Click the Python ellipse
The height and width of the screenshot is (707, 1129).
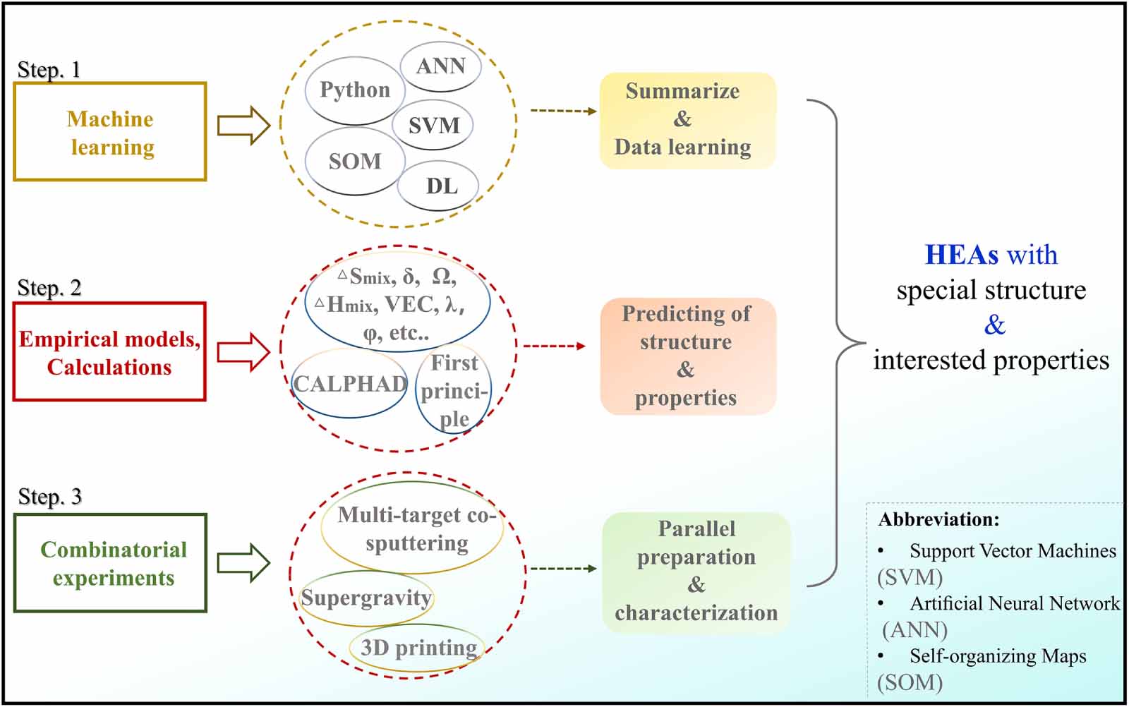click(355, 90)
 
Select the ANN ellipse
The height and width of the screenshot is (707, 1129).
click(441, 66)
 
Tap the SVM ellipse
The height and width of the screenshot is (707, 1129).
click(433, 125)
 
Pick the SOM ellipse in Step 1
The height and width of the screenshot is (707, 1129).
click(354, 162)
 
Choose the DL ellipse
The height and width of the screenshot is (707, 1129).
click(440, 186)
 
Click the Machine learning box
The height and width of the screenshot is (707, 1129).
click(110, 132)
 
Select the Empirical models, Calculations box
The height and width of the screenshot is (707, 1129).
click(109, 352)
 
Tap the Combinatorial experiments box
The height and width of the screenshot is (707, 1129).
click(111, 563)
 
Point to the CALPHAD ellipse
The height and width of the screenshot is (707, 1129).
click(350, 384)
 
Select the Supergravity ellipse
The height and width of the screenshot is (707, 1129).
click(366, 598)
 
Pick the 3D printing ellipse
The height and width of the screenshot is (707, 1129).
click(418, 647)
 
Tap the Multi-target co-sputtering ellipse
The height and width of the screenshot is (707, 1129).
click(413, 528)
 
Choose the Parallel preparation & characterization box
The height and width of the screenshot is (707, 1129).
click(696, 571)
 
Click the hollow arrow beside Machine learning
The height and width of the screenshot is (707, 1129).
click(243, 126)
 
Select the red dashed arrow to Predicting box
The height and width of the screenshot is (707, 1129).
click(554, 346)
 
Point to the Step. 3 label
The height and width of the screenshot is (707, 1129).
click(49, 497)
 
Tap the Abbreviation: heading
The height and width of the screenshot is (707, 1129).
click(938, 520)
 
